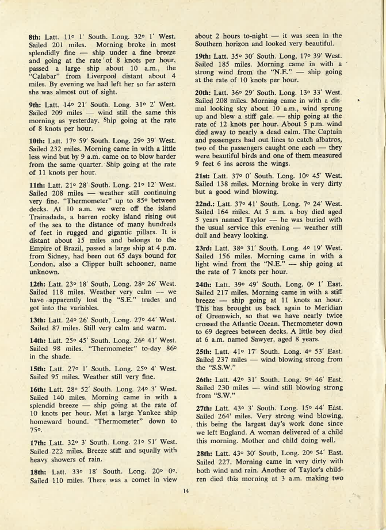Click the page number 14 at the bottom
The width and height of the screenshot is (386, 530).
(185, 491)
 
